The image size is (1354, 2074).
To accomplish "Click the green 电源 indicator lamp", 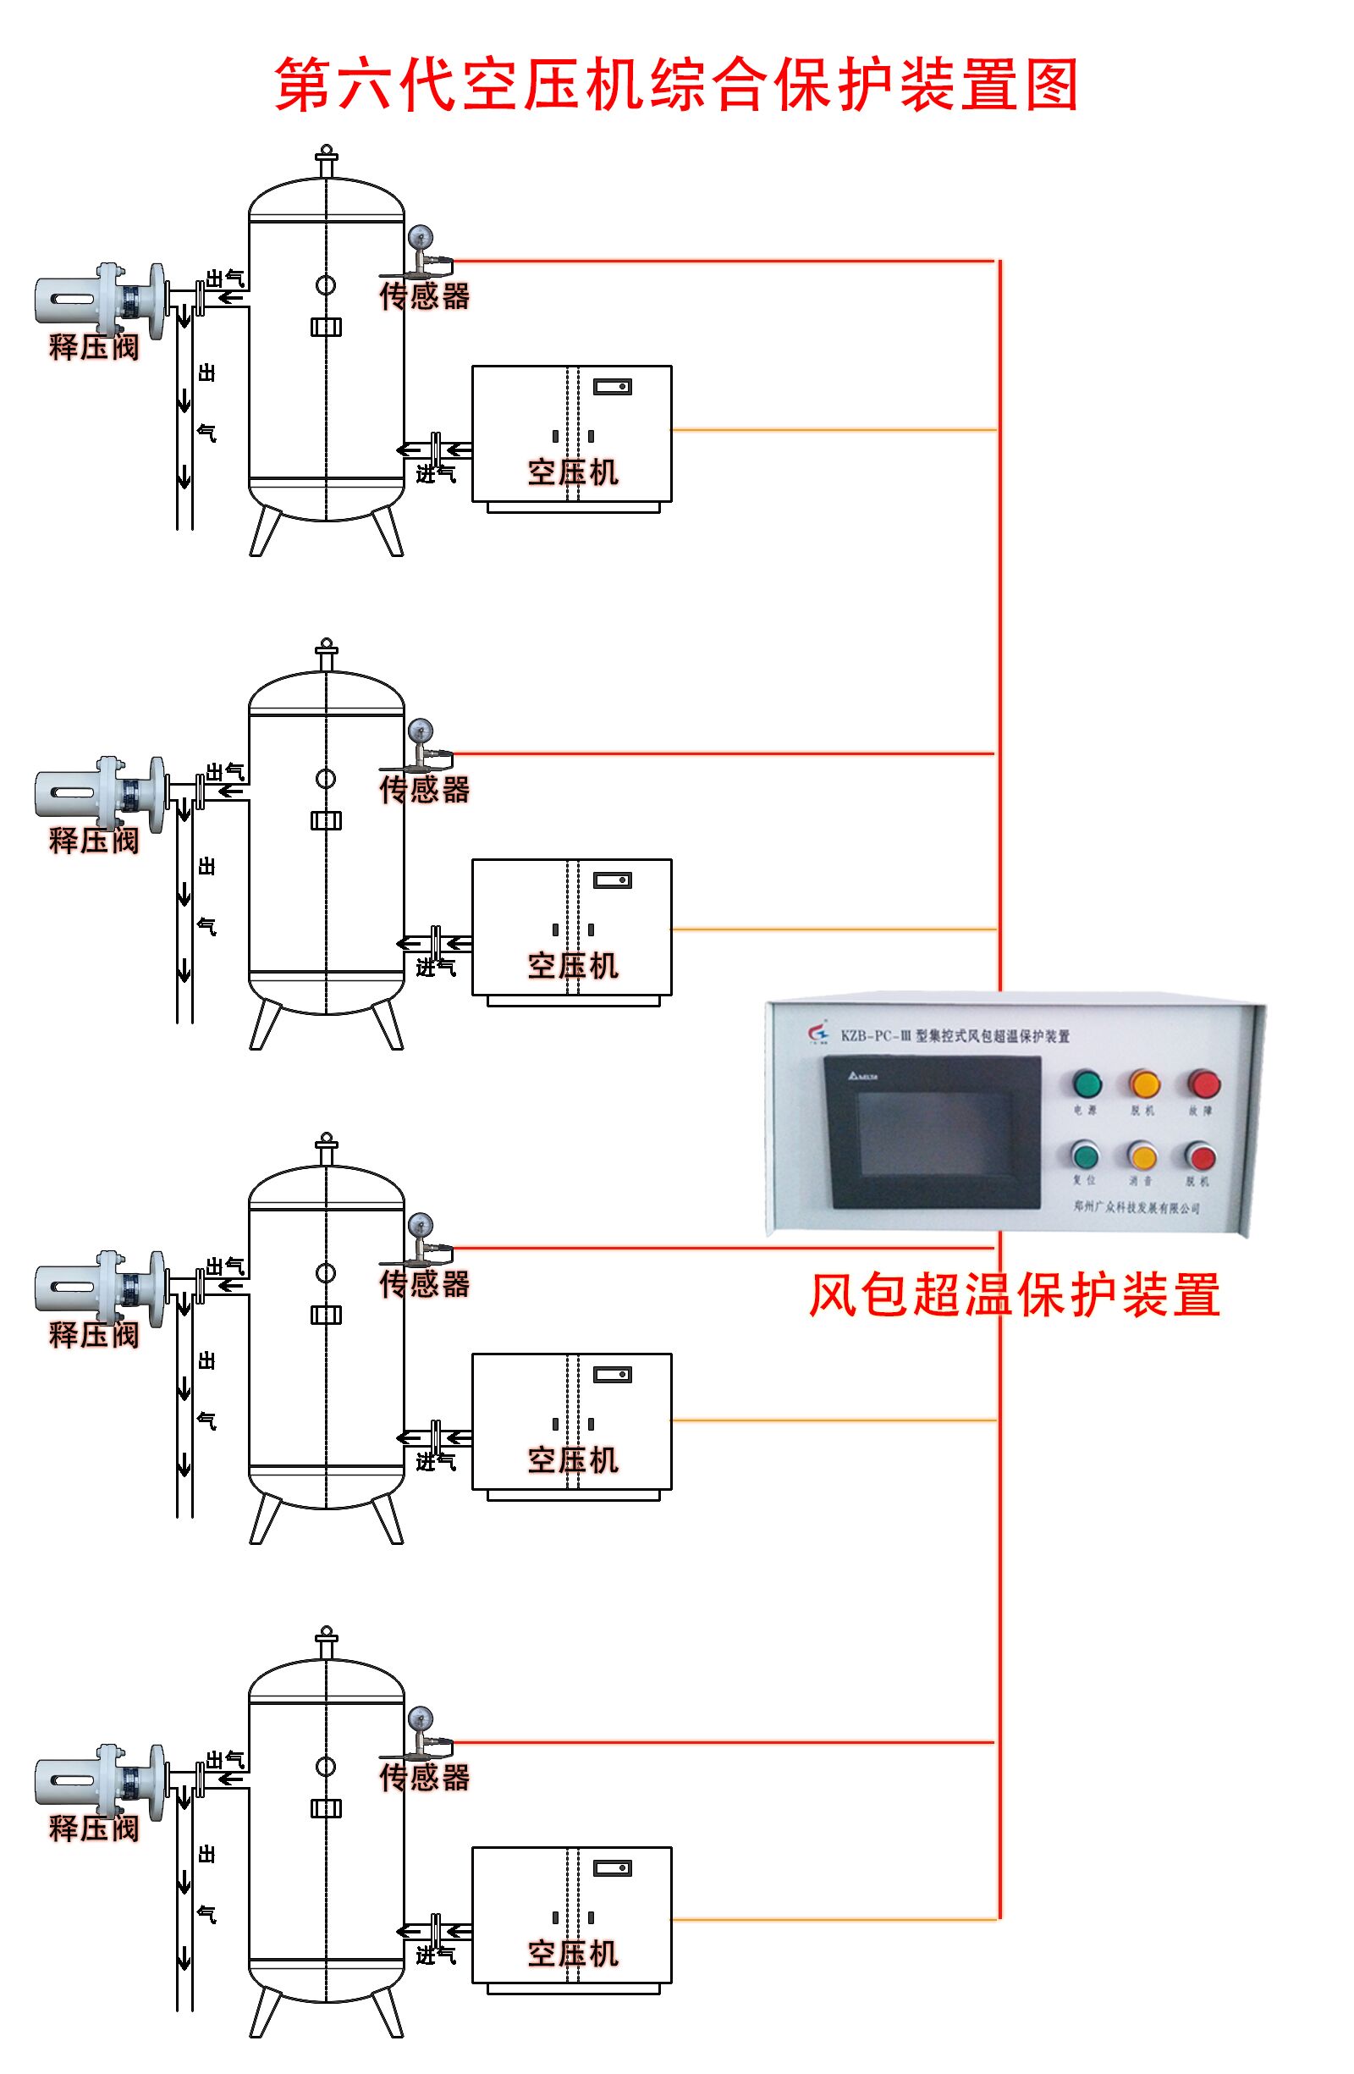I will coord(1087,1084).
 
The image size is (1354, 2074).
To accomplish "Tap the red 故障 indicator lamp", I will coord(1204,1084).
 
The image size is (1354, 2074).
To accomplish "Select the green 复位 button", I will coord(1085,1156).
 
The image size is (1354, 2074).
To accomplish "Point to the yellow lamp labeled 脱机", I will coord(1144,1084).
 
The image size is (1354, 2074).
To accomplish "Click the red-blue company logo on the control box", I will coord(818,1032).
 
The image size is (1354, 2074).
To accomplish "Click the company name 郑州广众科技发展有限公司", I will coord(1137,1208).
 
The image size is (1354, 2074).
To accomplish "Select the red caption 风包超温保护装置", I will coord(1014,1295).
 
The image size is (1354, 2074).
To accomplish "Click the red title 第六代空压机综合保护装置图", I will coord(677,85).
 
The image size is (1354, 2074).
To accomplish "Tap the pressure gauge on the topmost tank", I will coord(419,236).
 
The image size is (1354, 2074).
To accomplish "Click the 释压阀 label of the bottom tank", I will coord(94,1829).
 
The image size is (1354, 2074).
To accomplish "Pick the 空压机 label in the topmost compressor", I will coord(572,472).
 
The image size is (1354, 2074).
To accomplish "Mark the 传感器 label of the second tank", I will coord(424,790).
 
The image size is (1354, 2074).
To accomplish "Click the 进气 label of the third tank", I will coord(435,1461).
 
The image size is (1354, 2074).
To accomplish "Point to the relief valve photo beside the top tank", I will coord(98,301).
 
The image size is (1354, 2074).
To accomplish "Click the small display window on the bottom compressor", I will coord(612,1868).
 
